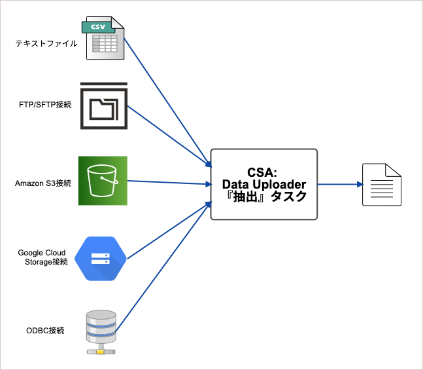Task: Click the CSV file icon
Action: pos(103,40)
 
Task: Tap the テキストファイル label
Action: pos(46,44)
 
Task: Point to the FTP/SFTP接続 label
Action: pos(45,105)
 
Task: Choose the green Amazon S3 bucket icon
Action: pos(103,180)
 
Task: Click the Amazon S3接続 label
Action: pos(42,183)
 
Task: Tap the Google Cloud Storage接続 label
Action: pos(42,257)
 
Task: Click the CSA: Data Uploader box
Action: pos(263,184)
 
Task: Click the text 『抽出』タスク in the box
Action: pos(263,196)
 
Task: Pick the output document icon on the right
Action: pos(382,185)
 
